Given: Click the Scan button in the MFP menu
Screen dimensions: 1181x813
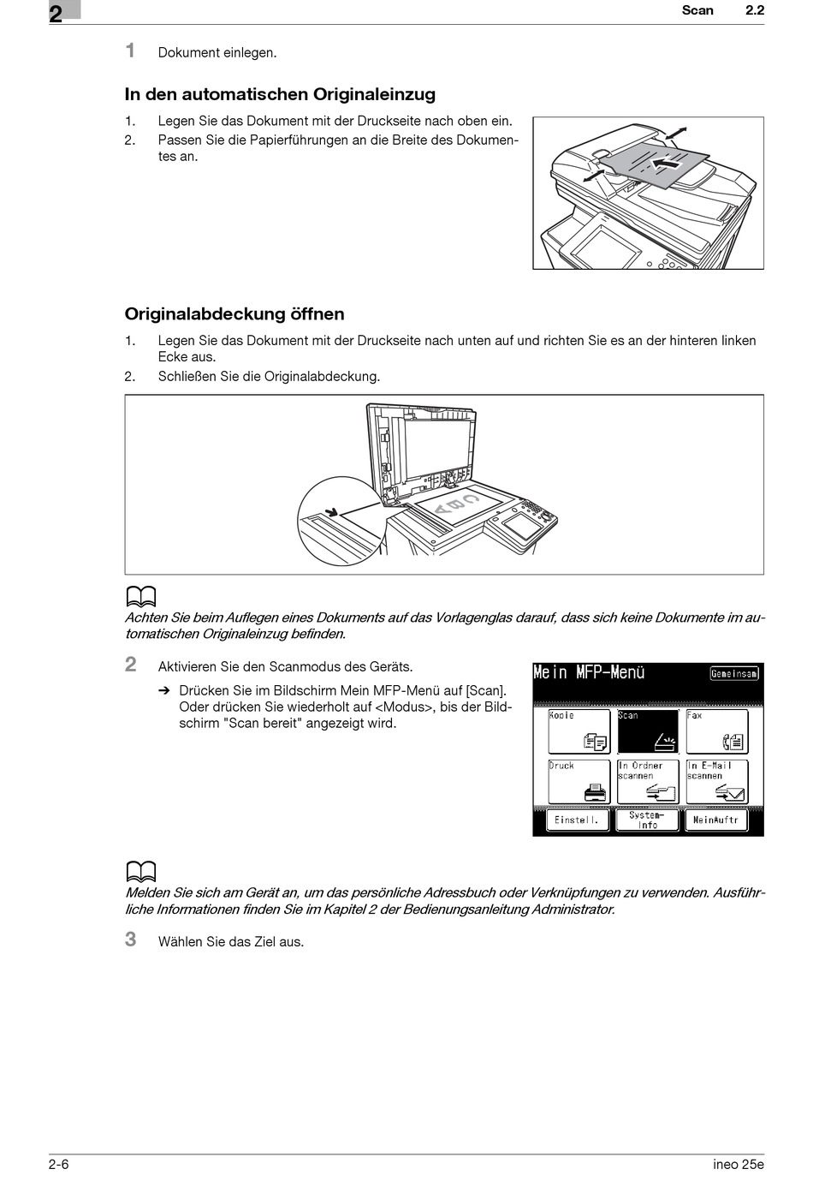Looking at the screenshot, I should coord(648,731).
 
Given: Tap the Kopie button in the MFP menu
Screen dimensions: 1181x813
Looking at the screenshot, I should coord(579,731).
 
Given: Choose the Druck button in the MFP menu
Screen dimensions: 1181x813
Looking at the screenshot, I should coord(579,781).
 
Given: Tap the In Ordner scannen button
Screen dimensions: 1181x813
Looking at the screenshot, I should coord(648,781).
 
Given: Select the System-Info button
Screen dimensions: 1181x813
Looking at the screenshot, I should coord(648,820).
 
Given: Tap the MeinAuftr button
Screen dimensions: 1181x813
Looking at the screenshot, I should coord(716,820).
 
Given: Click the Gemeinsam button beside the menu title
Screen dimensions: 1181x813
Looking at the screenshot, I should coord(734,673).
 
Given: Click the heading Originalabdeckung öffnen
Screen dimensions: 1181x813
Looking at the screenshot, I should coord(234,314).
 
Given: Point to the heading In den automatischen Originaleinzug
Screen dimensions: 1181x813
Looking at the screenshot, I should coord(280,95).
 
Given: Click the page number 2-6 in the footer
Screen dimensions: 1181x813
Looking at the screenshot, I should coord(59,1164).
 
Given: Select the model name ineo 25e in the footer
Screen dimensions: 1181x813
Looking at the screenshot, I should coord(738,1164).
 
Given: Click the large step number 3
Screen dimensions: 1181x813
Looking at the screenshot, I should coord(131,939).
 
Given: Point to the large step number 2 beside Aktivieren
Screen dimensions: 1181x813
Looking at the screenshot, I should coord(131,665).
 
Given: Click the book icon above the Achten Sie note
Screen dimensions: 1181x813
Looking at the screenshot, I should coord(141,596).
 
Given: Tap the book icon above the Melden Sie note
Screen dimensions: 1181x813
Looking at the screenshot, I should coord(141,872).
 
